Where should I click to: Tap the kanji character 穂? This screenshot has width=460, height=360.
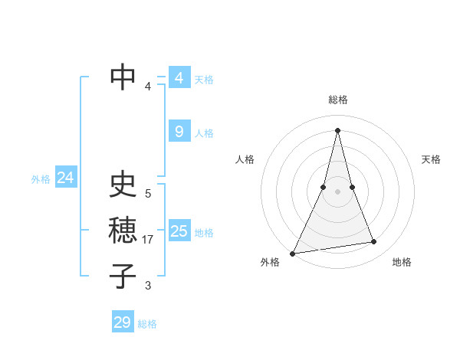[123, 231]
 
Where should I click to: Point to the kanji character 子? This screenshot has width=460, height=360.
[123, 276]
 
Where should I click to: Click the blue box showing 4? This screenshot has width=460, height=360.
[179, 78]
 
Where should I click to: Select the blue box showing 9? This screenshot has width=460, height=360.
[179, 132]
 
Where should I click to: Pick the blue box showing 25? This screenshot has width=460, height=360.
[179, 231]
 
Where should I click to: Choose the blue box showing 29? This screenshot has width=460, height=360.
[122, 322]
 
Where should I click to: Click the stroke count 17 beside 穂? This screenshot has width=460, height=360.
[149, 240]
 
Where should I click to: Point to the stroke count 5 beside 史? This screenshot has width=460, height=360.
[148, 194]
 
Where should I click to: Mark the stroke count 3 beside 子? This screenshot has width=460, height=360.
[148, 286]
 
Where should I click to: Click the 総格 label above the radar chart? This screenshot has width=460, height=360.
[338, 100]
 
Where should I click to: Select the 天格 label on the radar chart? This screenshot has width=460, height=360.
[431, 159]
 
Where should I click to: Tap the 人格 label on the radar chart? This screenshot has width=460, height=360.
[245, 159]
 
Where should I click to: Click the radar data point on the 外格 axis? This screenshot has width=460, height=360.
[293, 253]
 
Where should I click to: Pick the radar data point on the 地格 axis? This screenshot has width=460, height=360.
[374, 242]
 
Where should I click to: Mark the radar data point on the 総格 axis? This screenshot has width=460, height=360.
[337, 130]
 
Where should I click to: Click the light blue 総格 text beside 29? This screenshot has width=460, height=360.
[147, 324]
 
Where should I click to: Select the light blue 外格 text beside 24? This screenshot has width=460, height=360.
[41, 179]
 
